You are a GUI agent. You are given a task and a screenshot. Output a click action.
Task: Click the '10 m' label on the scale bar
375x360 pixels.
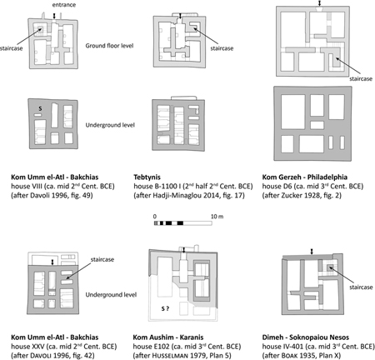[206, 215]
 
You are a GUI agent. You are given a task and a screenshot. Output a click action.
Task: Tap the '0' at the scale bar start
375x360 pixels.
[155, 215]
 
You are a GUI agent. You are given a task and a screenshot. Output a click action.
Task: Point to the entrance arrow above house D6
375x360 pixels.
[320, 5]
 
